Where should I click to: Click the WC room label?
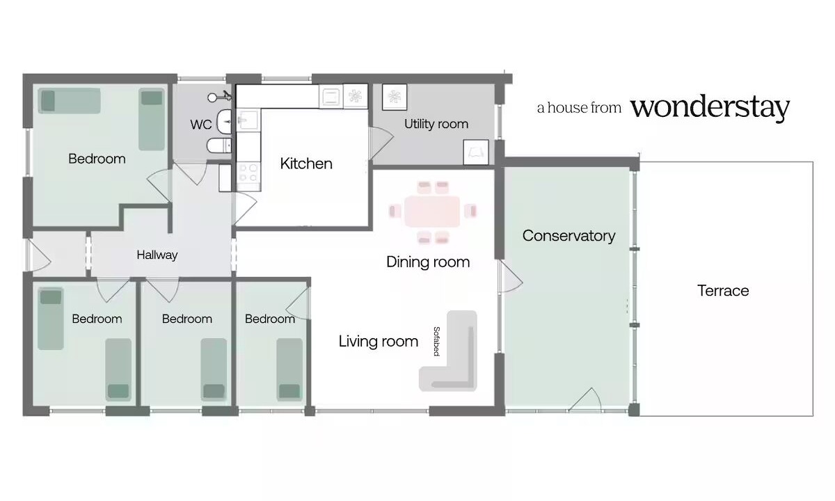click(x=201, y=125)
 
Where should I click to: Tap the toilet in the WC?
click(x=218, y=145)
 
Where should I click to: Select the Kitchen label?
click(x=306, y=164)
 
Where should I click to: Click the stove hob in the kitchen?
click(x=248, y=173)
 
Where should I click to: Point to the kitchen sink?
click(x=248, y=119)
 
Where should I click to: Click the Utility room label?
click(x=436, y=124)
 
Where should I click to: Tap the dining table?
click(x=432, y=212)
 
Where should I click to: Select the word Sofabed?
click(x=436, y=342)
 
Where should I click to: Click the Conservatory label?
click(x=569, y=236)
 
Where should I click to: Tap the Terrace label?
click(x=723, y=291)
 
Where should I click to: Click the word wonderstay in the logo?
click(x=710, y=107)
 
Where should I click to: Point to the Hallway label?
click(x=157, y=255)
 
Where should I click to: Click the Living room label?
click(x=379, y=342)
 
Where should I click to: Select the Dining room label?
click(x=428, y=262)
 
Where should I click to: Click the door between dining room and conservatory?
click(x=510, y=276)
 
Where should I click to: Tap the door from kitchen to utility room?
click(x=381, y=143)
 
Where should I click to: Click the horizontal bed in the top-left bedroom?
click(x=70, y=101)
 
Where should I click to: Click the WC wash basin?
click(x=225, y=122)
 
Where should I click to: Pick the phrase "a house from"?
click(x=579, y=108)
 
